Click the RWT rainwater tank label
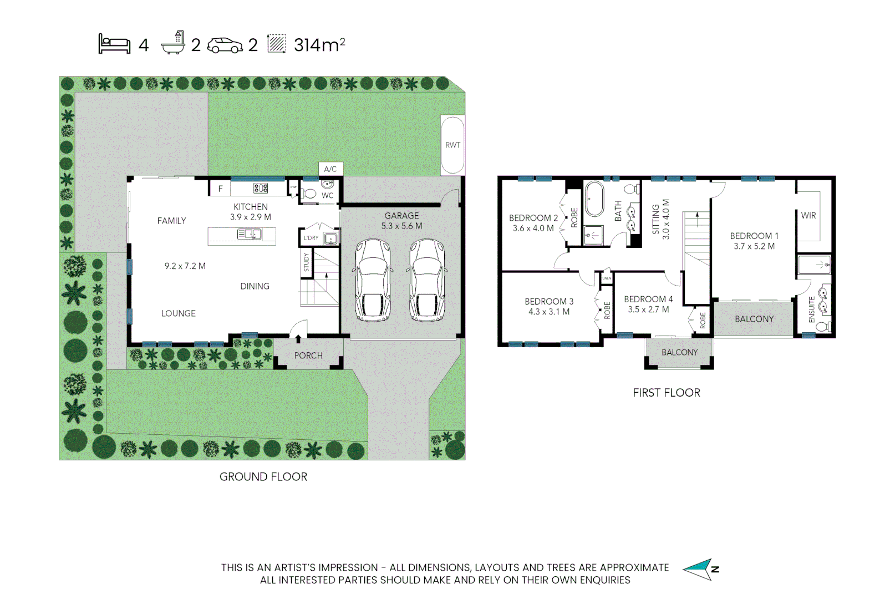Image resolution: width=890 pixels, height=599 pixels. (x=452, y=145)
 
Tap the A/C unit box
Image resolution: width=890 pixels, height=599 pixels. (x=330, y=169)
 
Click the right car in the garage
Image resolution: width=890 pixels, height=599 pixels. (x=428, y=280)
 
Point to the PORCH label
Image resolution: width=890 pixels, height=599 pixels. (x=308, y=356)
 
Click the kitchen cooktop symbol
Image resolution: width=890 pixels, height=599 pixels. (x=261, y=189)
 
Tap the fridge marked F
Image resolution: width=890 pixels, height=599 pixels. (x=220, y=189)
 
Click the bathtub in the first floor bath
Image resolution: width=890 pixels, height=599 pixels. (x=594, y=199)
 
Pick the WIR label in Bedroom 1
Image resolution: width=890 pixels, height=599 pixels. (x=808, y=215)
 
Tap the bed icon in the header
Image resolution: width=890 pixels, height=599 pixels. (x=114, y=44)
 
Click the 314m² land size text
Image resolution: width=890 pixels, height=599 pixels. (x=319, y=44)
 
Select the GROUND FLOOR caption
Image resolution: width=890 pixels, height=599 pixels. (x=263, y=477)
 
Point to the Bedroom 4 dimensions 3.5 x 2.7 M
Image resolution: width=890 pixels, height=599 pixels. (x=648, y=309)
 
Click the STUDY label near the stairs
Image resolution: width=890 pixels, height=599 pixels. (x=306, y=262)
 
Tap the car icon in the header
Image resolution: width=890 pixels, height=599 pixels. (x=225, y=45)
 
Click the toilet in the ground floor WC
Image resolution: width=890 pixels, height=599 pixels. (x=309, y=194)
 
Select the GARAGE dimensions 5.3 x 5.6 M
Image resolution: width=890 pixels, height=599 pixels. (x=401, y=226)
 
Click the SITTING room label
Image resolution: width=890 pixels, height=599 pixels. (x=656, y=219)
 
